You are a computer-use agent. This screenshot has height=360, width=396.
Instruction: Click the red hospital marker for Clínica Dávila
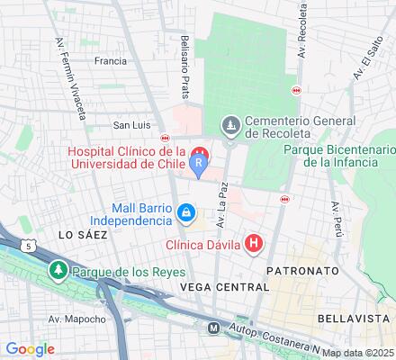(x=256, y=243)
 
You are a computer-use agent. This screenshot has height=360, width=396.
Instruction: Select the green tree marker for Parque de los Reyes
(x=59, y=270)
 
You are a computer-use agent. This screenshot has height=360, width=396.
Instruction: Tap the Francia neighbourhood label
(x=110, y=62)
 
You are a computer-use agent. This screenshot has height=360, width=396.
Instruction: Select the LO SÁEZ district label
(x=83, y=234)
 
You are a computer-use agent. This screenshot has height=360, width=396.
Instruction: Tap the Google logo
(x=30, y=348)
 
